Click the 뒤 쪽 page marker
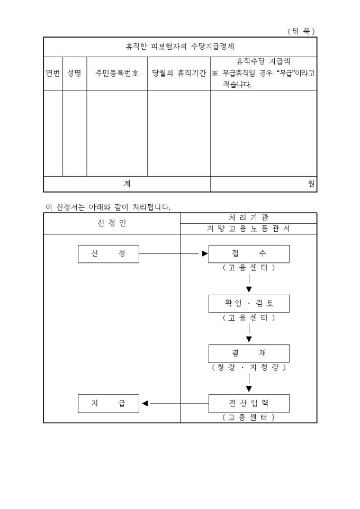click(x=301, y=31)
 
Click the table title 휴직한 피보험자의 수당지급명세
click(x=179, y=47)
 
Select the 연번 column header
click(x=53, y=74)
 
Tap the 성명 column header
click(x=74, y=74)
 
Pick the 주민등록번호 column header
click(x=117, y=74)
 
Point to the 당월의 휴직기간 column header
click(x=179, y=74)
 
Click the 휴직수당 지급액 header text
click(x=263, y=61)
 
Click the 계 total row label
click(x=127, y=184)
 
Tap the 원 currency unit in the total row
click(x=311, y=184)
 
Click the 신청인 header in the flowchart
click(x=112, y=223)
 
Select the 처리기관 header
click(x=248, y=217)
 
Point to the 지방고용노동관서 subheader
click(x=248, y=229)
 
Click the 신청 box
click(x=109, y=254)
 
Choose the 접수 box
click(x=249, y=254)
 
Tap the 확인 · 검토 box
click(x=249, y=304)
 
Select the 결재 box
click(x=249, y=353)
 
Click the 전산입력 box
click(x=249, y=403)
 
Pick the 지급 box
click(x=109, y=403)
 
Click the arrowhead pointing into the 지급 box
click(x=145, y=403)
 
